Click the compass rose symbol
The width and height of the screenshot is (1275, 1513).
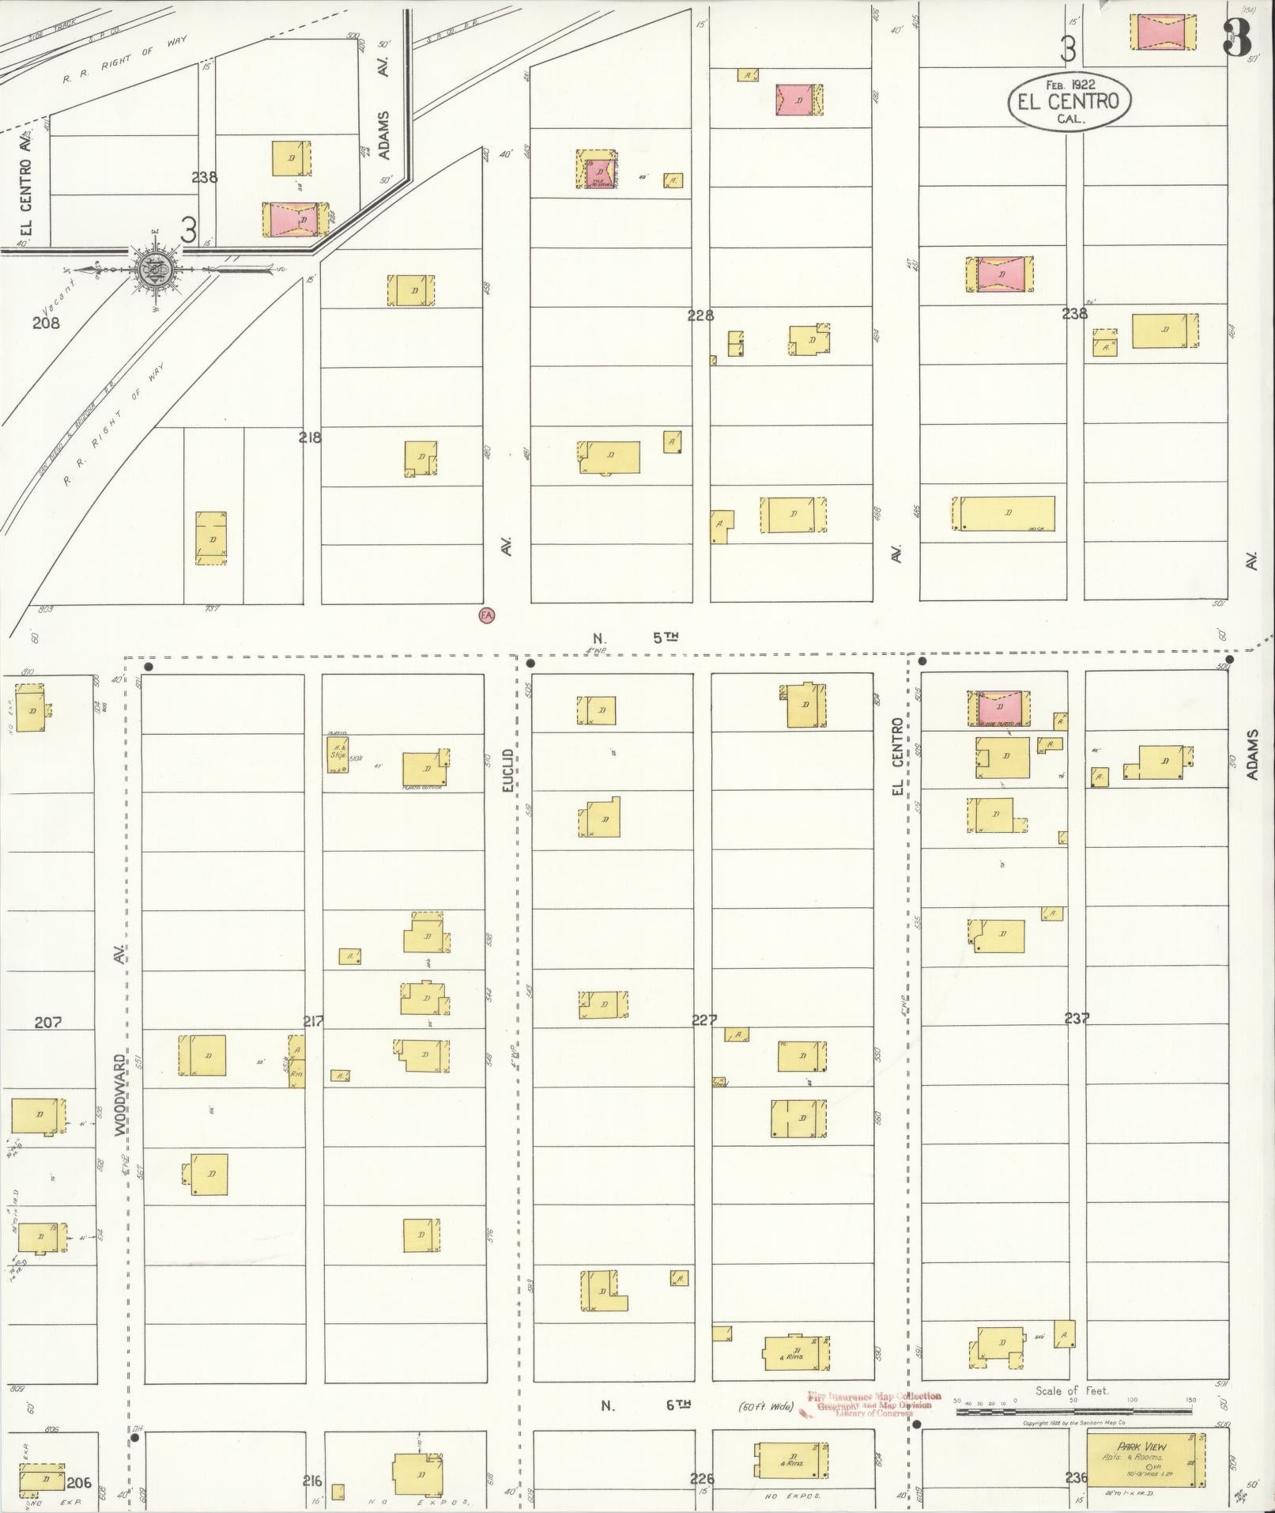click(x=153, y=269)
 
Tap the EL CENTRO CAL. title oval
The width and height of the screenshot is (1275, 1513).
click(x=1069, y=101)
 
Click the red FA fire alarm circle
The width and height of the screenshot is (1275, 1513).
click(x=487, y=615)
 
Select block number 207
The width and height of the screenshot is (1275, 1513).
click(x=48, y=1023)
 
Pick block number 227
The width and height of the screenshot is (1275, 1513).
click(x=704, y=1020)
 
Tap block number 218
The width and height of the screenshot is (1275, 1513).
click(x=310, y=437)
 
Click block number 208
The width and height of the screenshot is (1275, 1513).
click(x=46, y=323)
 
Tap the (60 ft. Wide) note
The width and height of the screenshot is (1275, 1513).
click(x=765, y=1407)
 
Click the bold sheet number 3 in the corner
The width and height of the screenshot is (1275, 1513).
click(x=1238, y=39)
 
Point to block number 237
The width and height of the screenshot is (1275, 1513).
click(x=1077, y=1019)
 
